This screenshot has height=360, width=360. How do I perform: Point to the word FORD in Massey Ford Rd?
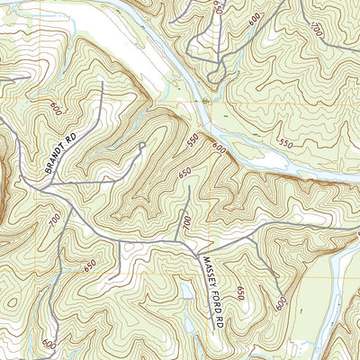tap(214, 301)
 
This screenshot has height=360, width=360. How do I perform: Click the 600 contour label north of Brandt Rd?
tap(57, 109)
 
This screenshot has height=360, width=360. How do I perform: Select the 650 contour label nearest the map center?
tap(185, 173)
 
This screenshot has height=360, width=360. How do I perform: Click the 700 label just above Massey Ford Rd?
tap(187, 221)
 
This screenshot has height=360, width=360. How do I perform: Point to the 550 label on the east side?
tap(285, 143)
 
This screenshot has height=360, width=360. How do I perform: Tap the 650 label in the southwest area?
tap(90, 266)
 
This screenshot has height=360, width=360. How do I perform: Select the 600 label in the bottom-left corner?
tap(48, 345)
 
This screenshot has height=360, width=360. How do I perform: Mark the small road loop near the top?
tap(215, 76)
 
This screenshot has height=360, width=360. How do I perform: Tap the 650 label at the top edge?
tap(218, 6)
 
